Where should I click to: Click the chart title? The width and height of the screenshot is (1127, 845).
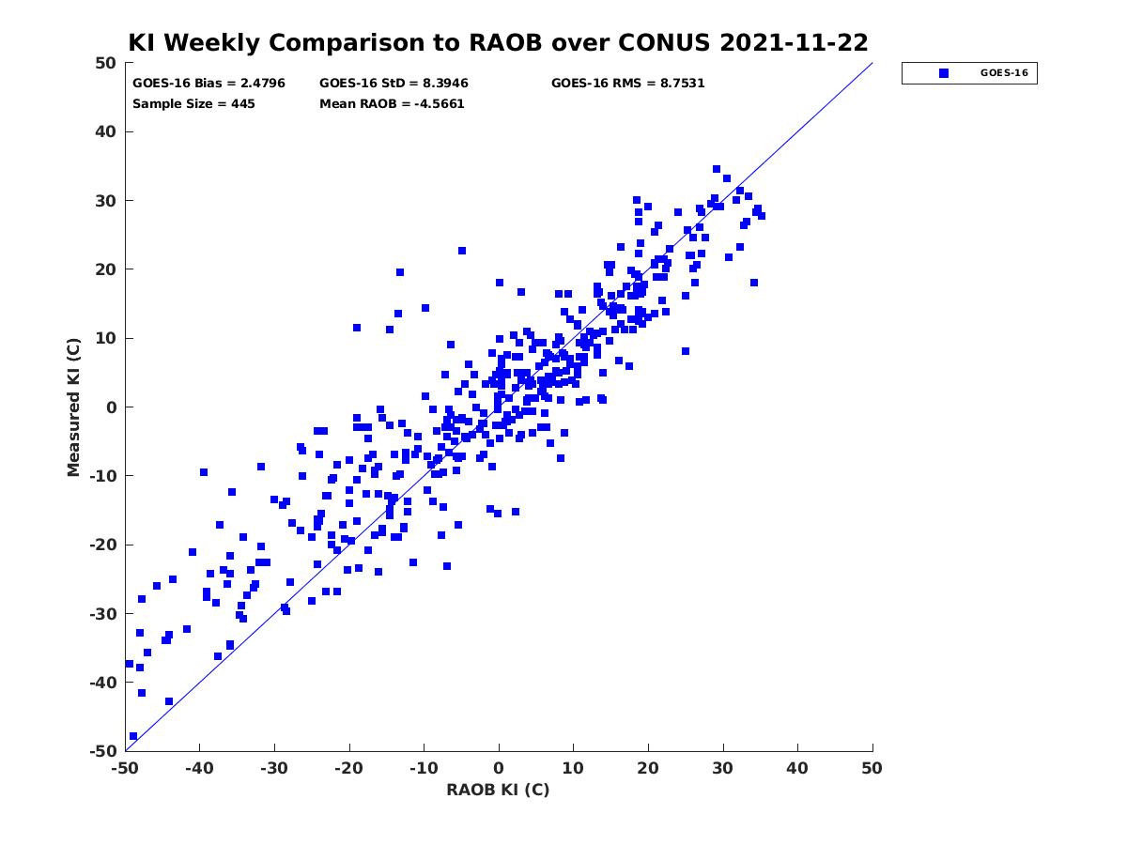pyautogui.click(x=498, y=42)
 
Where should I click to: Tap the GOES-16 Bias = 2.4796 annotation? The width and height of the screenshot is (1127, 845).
pyautogui.click(x=208, y=84)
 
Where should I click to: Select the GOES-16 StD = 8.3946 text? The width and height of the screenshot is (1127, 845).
pyautogui.click(x=394, y=84)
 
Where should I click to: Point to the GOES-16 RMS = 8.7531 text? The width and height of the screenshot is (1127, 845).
pyautogui.click(x=627, y=84)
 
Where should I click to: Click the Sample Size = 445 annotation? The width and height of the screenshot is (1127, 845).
pyautogui.click(x=193, y=103)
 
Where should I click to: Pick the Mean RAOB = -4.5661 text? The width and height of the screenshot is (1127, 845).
pyautogui.click(x=392, y=103)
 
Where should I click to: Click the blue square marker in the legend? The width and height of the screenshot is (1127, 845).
pyautogui.click(x=944, y=73)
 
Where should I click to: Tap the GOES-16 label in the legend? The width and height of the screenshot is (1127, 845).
pyautogui.click(x=1004, y=73)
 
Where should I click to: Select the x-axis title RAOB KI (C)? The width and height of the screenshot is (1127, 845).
pyautogui.click(x=498, y=790)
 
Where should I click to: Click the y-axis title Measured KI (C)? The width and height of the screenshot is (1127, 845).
pyautogui.click(x=73, y=407)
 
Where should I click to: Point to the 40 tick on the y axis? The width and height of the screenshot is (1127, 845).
pyautogui.click(x=106, y=131)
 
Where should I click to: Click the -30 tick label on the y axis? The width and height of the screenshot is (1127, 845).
pyautogui.click(x=103, y=614)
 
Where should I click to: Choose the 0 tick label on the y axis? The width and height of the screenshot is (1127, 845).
pyautogui.click(x=112, y=407)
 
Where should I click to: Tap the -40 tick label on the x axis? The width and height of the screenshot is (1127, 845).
pyautogui.click(x=199, y=768)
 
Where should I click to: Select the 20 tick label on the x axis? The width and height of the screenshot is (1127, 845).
pyautogui.click(x=648, y=768)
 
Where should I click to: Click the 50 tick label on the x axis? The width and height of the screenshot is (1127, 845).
pyautogui.click(x=872, y=768)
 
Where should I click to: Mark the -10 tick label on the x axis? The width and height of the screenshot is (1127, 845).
pyautogui.click(x=424, y=768)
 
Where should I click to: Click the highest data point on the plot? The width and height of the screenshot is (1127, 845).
pyautogui.click(x=717, y=169)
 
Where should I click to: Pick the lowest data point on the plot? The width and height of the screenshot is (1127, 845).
pyautogui.click(x=133, y=736)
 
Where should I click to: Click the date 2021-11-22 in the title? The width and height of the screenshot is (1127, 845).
pyautogui.click(x=794, y=42)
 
